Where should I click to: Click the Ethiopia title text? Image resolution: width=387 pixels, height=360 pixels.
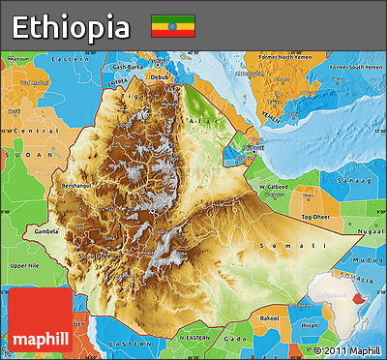click(x=72, y=26)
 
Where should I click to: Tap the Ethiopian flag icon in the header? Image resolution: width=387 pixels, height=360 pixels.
click(x=172, y=26)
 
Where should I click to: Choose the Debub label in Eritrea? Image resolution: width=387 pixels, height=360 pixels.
click(x=160, y=77)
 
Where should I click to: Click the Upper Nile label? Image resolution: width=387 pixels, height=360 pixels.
click(x=24, y=264)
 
